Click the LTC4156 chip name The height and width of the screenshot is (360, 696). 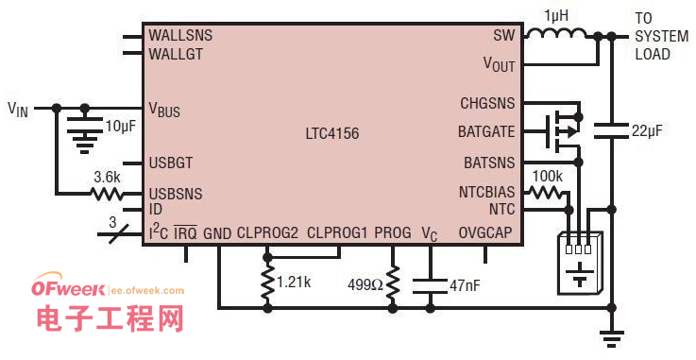(x=332, y=133)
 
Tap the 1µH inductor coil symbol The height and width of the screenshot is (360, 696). (x=557, y=34)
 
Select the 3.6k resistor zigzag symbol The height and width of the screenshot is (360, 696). (x=107, y=194)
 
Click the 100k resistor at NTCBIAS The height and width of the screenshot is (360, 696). (x=545, y=192)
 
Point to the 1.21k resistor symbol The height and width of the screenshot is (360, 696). (x=267, y=283)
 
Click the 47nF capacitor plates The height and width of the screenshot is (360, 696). (x=430, y=285)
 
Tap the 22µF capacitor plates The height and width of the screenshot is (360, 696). (x=612, y=130)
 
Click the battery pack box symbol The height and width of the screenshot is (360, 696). (x=580, y=263)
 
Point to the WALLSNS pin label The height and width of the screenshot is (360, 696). (x=180, y=35)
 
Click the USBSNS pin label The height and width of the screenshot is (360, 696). (x=176, y=194)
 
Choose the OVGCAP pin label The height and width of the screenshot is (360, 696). (x=485, y=232)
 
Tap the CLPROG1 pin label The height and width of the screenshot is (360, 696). (x=337, y=232)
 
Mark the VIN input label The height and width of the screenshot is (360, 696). (x=18, y=110)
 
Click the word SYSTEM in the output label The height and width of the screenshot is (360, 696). (x=662, y=36)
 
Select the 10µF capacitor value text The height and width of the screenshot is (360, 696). (x=120, y=126)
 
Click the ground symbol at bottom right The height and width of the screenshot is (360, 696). (x=612, y=338)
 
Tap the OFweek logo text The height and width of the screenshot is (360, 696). (x=68, y=288)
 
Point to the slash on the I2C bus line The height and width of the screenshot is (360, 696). (x=118, y=233)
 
